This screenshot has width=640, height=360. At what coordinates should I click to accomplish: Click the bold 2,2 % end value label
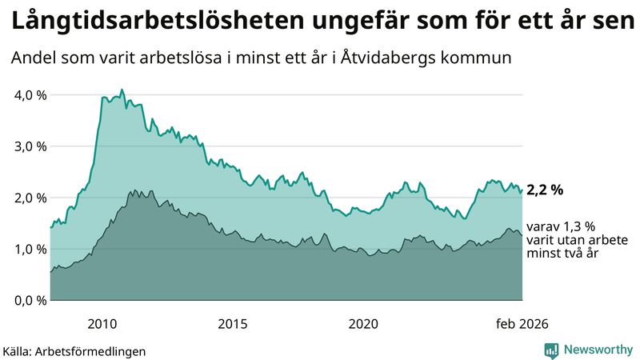[x=545, y=190]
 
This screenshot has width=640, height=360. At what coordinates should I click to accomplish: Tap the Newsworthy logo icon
[x=551, y=350]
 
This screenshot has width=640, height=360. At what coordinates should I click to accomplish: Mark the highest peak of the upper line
[x=122, y=90]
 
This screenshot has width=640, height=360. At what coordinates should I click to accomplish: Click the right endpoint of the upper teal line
[x=522, y=190]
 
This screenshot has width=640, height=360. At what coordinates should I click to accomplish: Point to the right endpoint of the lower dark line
[x=522, y=235]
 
